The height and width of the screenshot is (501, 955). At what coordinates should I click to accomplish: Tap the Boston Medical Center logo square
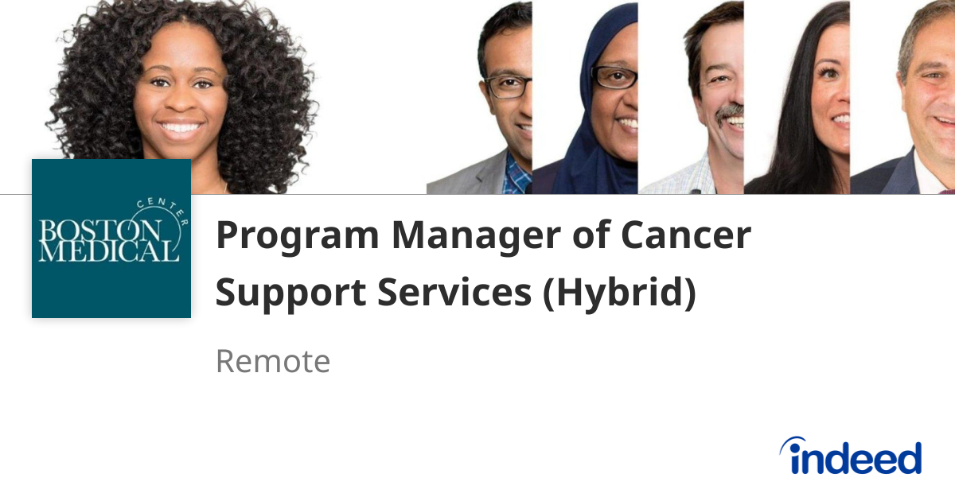click(111, 239)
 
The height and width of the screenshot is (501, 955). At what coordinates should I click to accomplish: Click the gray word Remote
click(272, 362)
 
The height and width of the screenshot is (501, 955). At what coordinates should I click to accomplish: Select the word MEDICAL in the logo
click(109, 253)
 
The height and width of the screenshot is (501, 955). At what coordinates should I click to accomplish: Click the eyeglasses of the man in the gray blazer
click(508, 85)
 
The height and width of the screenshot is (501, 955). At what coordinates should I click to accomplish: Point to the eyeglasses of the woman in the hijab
click(615, 77)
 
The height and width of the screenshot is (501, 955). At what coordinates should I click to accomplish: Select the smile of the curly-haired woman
click(181, 127)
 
